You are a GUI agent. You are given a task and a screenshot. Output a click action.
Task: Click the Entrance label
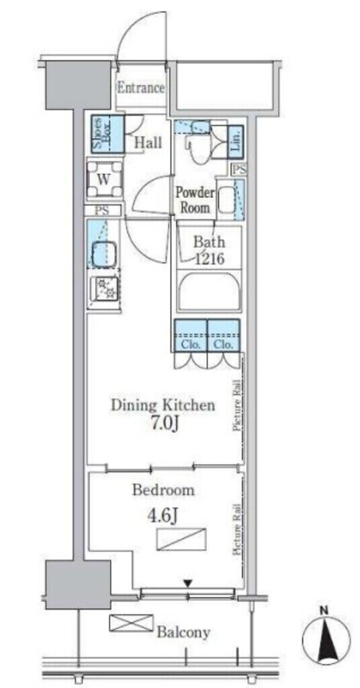tap(141, 88)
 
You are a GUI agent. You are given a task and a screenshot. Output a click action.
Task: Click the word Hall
tap(148, 142)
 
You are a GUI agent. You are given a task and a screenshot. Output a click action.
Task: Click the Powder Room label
tap(195, 200)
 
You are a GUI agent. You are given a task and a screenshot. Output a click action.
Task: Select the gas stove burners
tap(105, 289)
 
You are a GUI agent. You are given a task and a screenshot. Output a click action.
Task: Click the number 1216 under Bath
tap(210, 259)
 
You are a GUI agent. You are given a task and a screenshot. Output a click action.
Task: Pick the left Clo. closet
tap(191, 335)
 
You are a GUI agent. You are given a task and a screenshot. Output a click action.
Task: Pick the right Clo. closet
tap(224, 335)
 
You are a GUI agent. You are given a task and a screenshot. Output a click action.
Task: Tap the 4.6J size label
tap(163, 517)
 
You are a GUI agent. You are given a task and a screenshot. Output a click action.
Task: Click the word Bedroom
tap(164, 490)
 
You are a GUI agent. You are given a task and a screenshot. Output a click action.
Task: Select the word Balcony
tap(184, 632)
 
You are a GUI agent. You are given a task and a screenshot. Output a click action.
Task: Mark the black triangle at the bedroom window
tap(188, 584)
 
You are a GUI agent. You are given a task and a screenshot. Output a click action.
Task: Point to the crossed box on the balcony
tap(131, 623)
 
